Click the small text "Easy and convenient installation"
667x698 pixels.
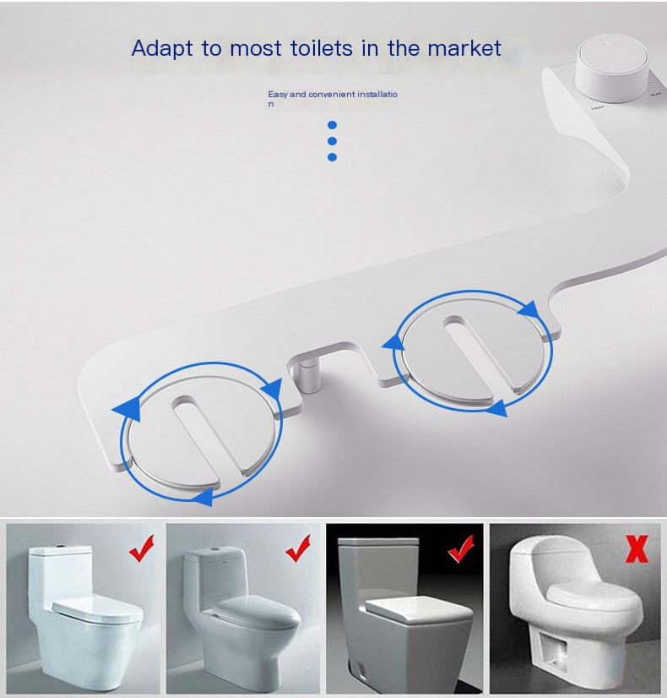pos(332,95)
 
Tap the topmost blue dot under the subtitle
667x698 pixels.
pos(332,125)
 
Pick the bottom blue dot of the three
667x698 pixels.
pos(332,157)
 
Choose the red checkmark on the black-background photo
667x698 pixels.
pos(460,549)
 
